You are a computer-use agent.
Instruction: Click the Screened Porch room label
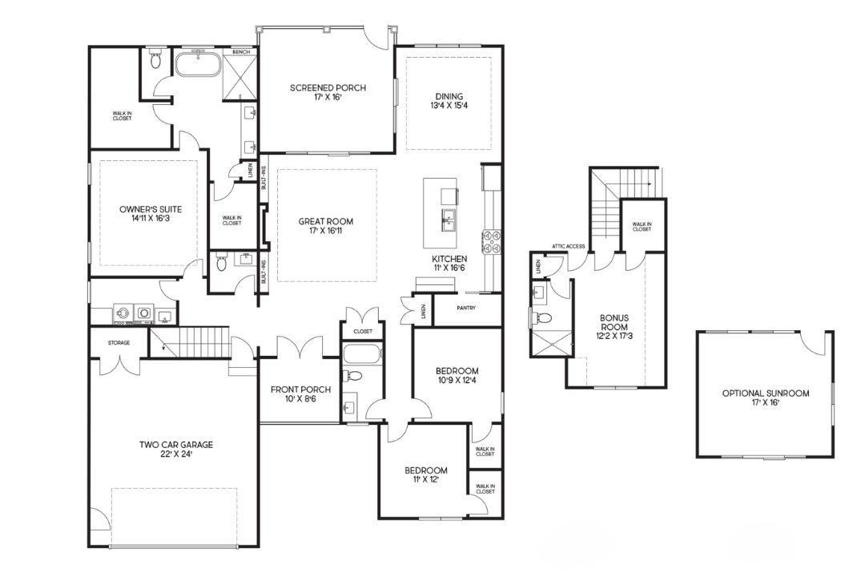tap(328, 91)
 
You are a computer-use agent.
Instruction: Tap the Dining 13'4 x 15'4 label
tap(449, 100)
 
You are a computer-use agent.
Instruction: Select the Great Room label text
tap(325, 225)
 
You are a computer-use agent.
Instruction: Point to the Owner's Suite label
tap(151, 214)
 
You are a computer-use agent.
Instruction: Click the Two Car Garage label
tap(176, 449)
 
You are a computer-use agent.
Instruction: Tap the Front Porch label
tap(300, 393)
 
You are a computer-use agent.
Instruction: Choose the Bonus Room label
tap(614, 326)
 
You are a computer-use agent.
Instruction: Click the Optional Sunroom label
tap(766, 397)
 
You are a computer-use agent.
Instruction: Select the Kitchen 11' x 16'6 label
tap(449, 263)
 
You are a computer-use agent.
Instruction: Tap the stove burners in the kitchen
tap(492, 242)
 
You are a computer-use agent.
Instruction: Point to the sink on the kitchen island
tap(448, 221)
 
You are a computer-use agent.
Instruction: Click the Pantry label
tap(466, 308)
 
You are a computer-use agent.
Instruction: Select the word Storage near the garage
tap(119, 343)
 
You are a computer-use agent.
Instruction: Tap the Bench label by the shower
tap(241, 52)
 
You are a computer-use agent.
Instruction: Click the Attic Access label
tap(568, 246)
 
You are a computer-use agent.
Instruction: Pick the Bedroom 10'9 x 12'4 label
tap(457, 375)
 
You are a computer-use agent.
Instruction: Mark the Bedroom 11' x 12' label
tap(426, 475)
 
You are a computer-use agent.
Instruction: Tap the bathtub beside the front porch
tap(361, 354)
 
